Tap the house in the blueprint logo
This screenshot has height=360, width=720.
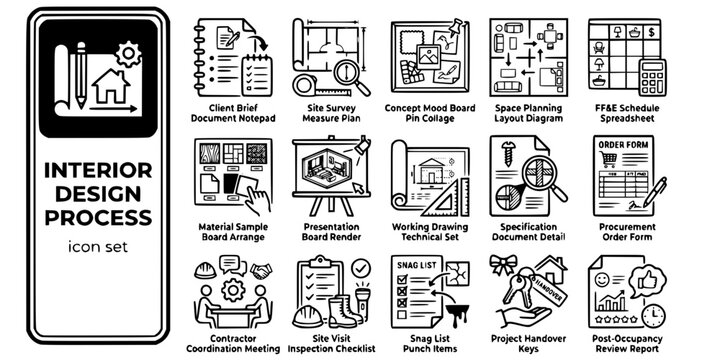click(x=113, y=88)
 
